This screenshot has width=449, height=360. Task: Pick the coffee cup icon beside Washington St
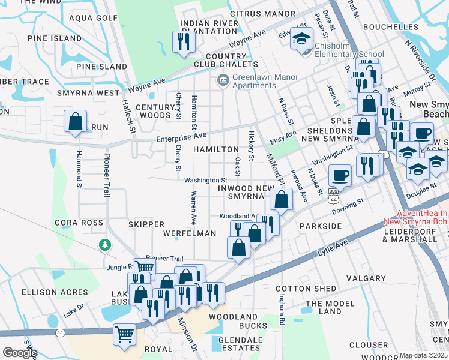coord(340,175)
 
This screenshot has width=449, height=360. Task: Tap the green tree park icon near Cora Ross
coord(105,245)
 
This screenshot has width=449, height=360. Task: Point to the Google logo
coord(19,353)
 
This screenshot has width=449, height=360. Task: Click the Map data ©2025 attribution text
coord(423,355)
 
